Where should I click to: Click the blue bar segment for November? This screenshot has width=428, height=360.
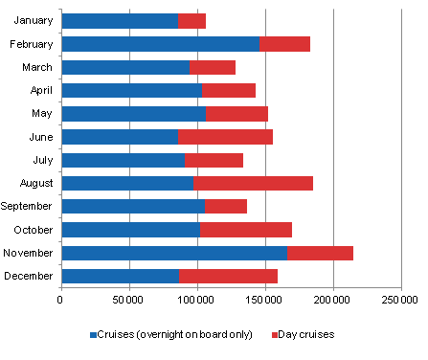point(173,253)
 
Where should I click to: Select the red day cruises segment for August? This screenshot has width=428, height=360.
point(253,183)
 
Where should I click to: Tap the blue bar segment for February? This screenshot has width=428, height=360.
point(160,44)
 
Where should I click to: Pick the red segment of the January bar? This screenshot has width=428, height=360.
point(191,20)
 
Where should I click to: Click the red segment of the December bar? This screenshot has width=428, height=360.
point(228,276)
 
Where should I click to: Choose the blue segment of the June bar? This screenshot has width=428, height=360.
point(119,137)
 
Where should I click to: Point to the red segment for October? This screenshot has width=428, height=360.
point(246,230)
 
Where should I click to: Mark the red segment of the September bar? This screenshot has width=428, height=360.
point(226,206)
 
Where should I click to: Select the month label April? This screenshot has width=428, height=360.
point(40,90)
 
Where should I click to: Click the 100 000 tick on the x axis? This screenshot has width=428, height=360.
point(196,301)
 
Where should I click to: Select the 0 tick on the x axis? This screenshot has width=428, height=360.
point(60,301)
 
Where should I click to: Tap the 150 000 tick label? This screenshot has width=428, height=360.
point(264,301)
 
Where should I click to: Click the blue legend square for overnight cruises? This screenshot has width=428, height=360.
point(93,336)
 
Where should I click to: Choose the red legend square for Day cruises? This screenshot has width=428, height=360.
point(276,336)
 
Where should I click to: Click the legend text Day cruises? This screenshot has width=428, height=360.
point(306,336)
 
